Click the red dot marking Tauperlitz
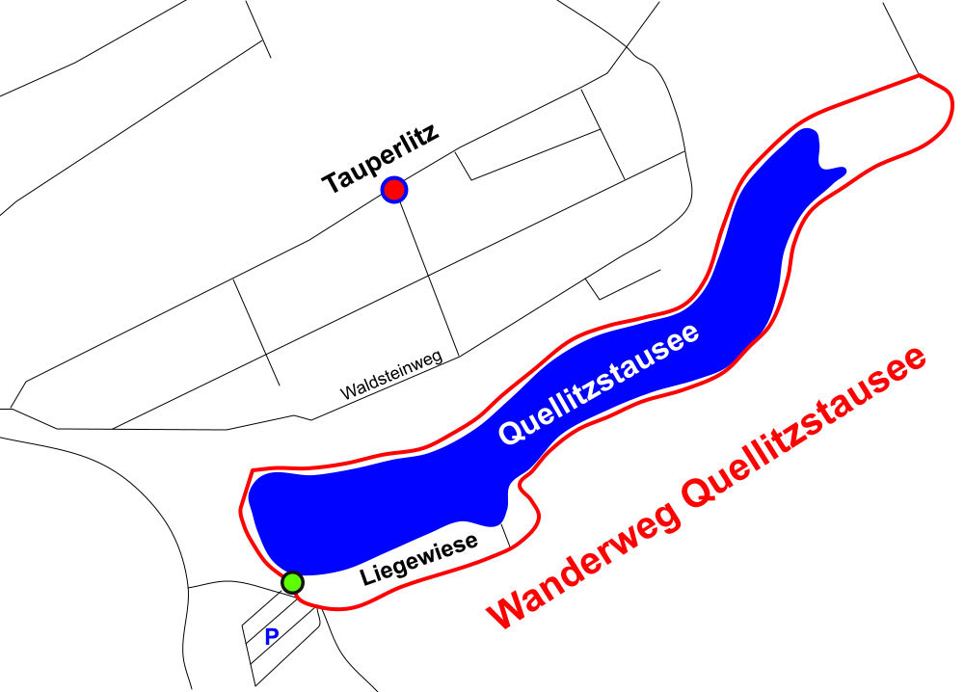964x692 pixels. point(393,190)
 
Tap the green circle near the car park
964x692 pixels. point(292,582)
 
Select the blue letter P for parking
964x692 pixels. point(272,636)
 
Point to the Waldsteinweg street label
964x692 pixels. point(390,376)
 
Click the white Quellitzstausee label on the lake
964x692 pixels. point(598,384)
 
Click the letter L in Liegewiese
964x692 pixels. point(365,578)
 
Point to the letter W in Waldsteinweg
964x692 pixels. point(347,393)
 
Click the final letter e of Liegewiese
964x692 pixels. point(471,542)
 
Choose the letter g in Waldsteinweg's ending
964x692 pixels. point(438,359)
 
